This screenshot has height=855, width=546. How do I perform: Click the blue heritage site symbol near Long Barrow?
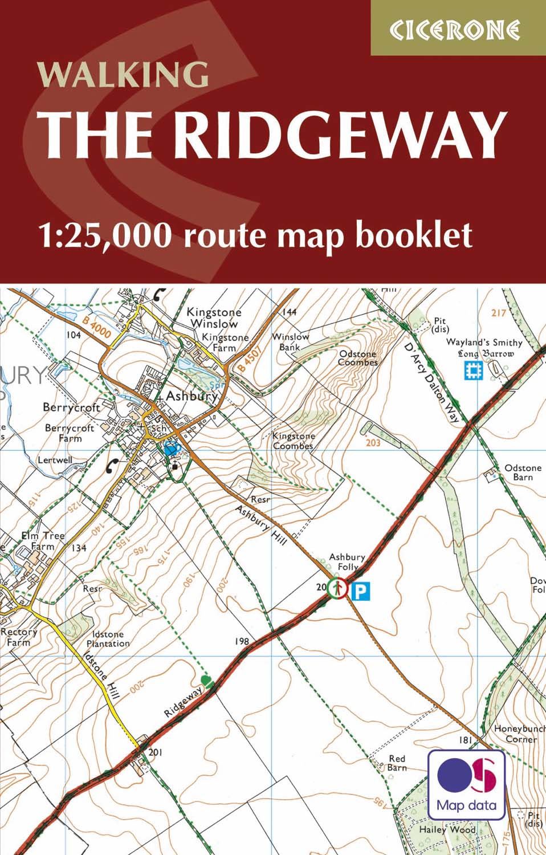pos(472,372)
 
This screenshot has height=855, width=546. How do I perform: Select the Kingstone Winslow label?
pos(214,318)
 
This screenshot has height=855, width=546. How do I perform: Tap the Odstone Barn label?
pos(523,473)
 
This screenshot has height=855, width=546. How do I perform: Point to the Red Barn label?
pos(397,763)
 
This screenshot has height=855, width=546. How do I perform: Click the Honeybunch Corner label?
pos(515,734)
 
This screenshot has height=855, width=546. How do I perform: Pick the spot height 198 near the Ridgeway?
pos(242,642)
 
